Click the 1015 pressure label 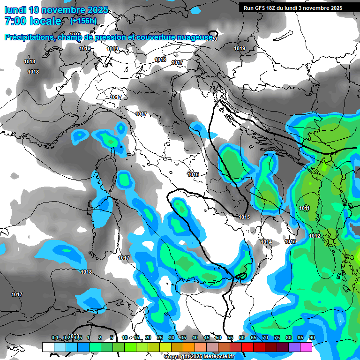point(244,217)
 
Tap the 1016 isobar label point(193,174)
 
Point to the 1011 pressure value point(304,208)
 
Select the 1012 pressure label point(315,236)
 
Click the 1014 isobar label point(266,242)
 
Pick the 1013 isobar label point(290,241)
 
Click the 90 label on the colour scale point(312,337)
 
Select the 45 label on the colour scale point(207,337)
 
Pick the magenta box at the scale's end point(306,347)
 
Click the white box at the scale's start point(48,347)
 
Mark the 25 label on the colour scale point(160,337)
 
